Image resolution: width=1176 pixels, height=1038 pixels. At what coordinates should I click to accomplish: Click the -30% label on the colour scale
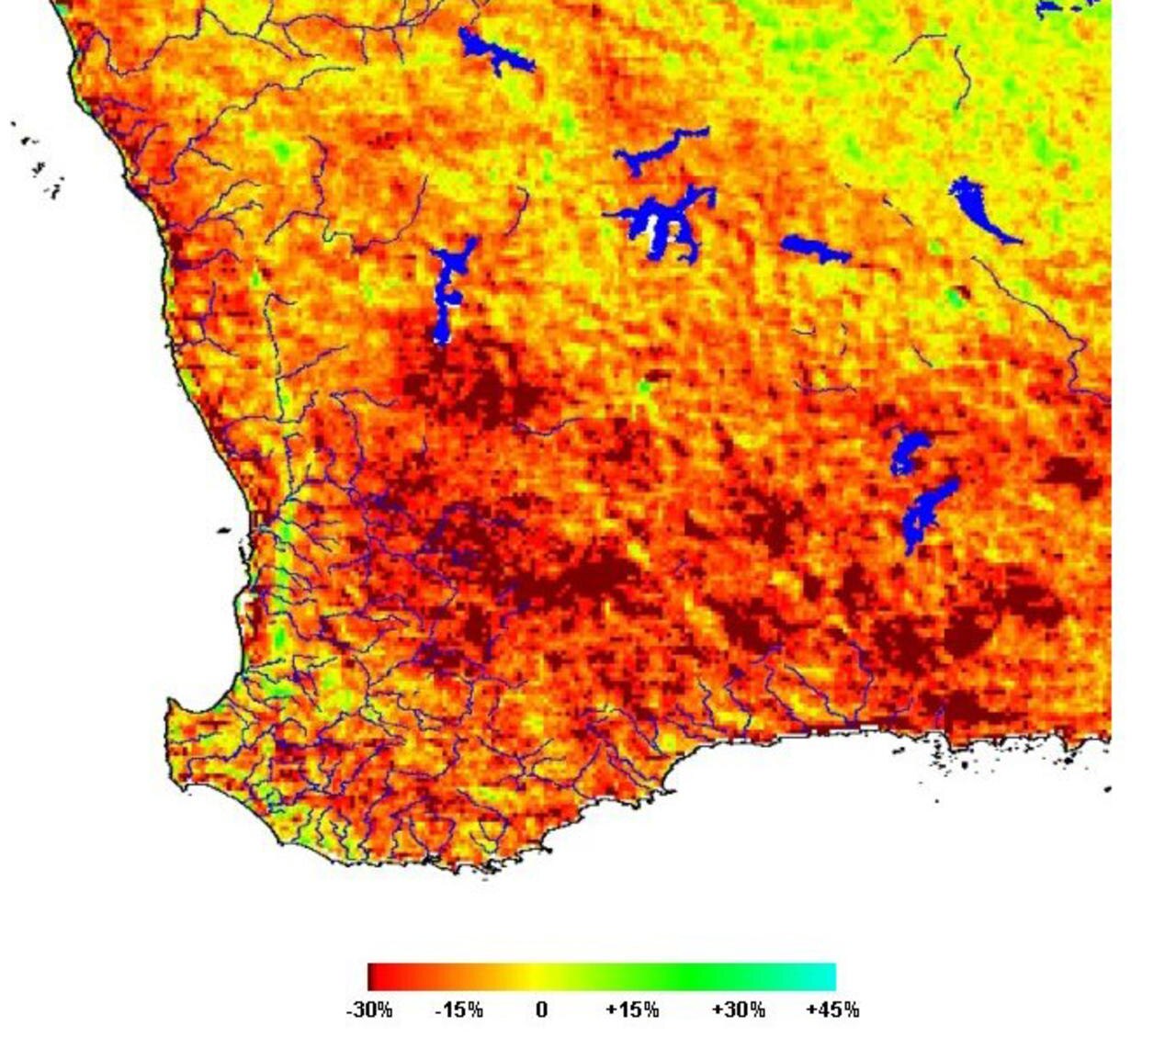(x=368, y=1010)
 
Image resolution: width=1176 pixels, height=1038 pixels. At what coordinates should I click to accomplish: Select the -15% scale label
(x=458, y=1010)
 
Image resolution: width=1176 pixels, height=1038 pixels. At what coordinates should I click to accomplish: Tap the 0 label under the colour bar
(x=541, y=1010)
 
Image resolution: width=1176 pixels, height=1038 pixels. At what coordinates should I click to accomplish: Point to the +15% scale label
(x=632, y=1010)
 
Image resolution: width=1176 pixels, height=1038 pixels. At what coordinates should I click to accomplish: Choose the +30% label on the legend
(x=738, y=1010)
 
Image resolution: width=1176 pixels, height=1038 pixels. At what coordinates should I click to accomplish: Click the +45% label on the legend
(x=832, y=1010)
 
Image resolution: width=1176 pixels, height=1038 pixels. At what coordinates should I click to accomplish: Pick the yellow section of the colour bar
(x=542, y=976)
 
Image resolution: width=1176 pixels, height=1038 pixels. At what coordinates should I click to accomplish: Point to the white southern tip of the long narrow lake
(x=443, y=333)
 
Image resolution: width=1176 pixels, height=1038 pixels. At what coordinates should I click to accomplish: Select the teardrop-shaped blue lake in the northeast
(x=979, y=209)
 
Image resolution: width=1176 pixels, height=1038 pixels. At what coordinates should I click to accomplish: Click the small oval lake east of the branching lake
(x=815, y=248)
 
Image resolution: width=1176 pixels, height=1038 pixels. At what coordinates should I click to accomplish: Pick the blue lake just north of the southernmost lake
(x=909, y=450)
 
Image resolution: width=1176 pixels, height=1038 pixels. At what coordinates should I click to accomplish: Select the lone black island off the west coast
(x=224, y=531)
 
